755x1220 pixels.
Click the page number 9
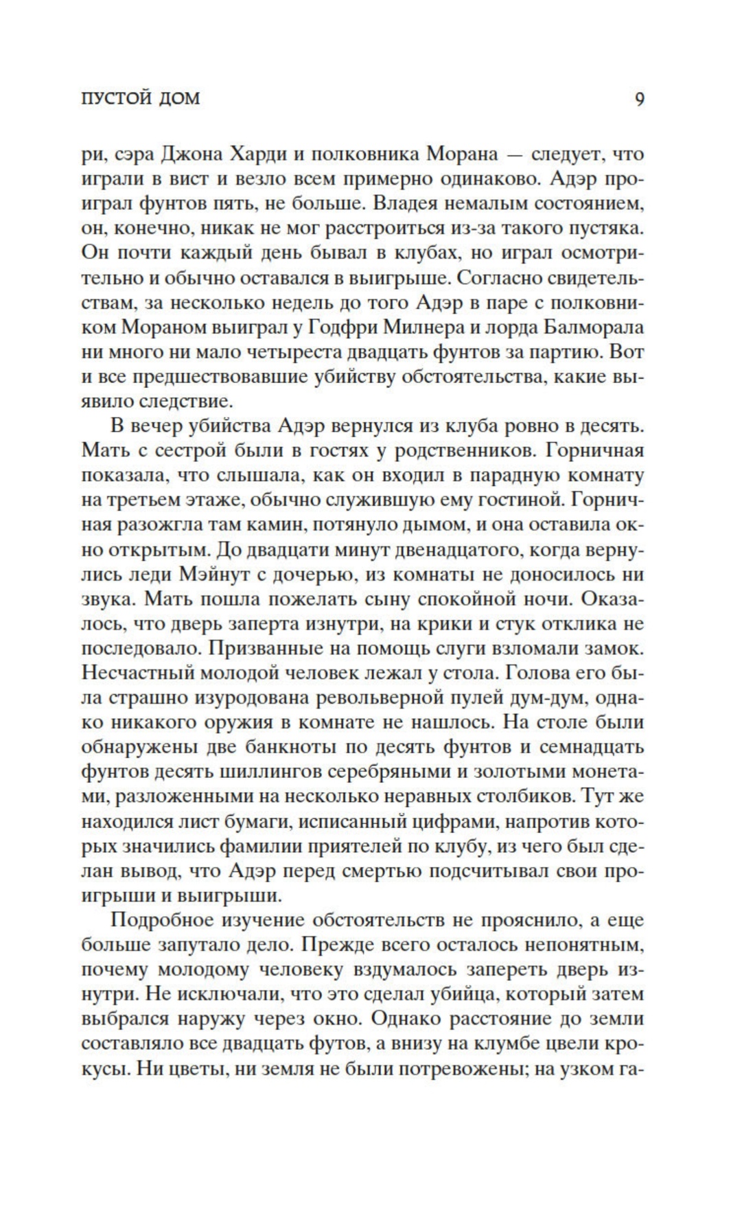[x=639, y=100]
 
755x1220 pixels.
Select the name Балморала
[x=594, y=326]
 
